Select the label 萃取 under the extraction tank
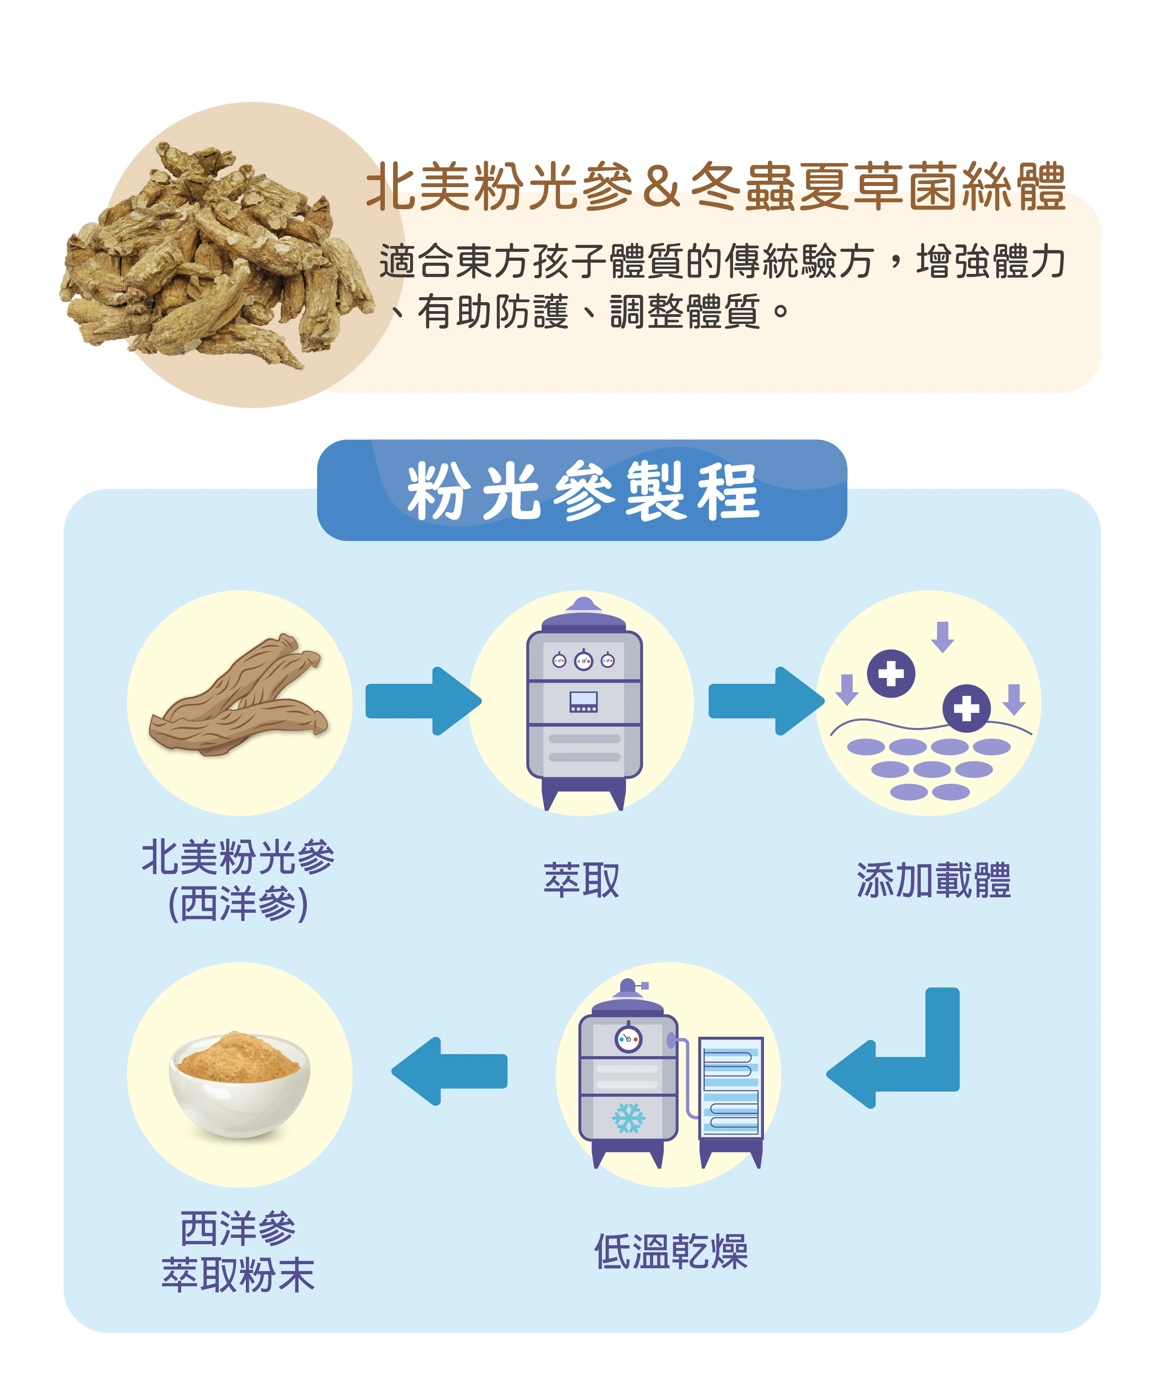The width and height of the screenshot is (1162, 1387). coord(581,880)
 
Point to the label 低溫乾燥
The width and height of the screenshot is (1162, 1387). coord(671,1252)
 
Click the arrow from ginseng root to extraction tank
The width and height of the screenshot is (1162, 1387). coord(423,701)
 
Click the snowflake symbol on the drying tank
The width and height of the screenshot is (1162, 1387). coord(628,1118)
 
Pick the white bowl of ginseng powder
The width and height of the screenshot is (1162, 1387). coord(239,1084)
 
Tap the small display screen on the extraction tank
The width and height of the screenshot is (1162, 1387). coord(584,701)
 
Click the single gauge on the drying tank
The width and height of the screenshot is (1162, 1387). coord(628,1039)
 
